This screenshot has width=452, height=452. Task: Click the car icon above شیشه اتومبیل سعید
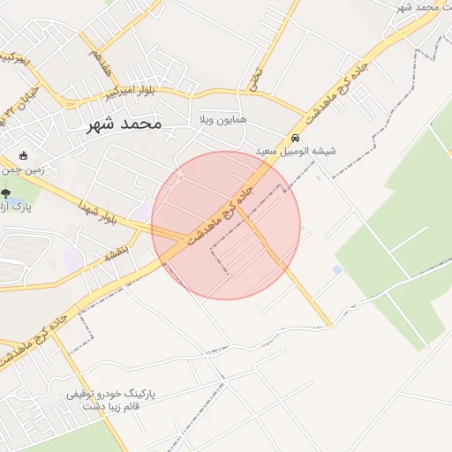[x=295, y=139]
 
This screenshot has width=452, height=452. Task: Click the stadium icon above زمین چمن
[x=23, y=156]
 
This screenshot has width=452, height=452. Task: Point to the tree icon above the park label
[x=6, y=193]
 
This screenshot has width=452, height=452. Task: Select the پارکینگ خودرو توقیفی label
[x=110, y=395]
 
